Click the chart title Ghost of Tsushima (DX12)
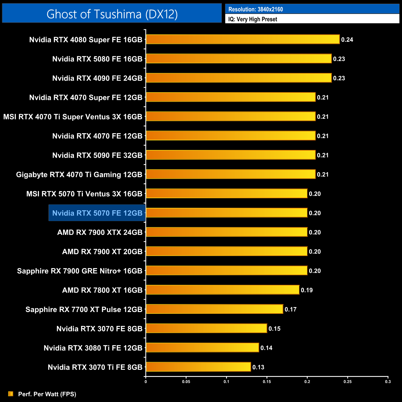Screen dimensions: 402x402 pyautogui.click(x=112, y=14)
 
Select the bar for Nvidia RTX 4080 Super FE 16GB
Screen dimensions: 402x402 pyautogui.click(x=243, y=39)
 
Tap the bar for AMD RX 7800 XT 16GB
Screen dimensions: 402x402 pyautogui.click(x=223, y=290)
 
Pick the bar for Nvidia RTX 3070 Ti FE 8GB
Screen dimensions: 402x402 pyautogui.click(x=198, y=367)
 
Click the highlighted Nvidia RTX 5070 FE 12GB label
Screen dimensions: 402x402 pyautogui.click(x=97, y=213)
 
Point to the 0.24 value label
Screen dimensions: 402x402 pyautogui.click(x=347, y=40)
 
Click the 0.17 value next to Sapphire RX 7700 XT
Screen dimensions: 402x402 pyautogui.click(x=290, y=309)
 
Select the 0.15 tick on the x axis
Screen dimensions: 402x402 pyautogui.click(x=267, y=382)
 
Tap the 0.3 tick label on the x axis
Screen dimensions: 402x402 pyautogui.click(x=388, y=382)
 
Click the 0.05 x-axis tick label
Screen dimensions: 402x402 pyautogui.click(x=186, y=382)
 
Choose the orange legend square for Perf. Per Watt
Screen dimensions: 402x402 pyautogui.click(x=11, y=394)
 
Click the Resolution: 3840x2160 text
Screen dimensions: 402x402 pyautogui.click(x=255, y=9)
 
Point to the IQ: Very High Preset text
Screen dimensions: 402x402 pyautogui.click(x=253, y=19)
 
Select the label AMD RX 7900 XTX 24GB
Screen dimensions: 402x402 pyautogui.click(x=100, y=232)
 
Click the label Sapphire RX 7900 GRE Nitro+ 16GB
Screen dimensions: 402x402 pyautogui.click(x=80, y=271)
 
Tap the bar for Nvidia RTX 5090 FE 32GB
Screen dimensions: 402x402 pyautogui.click(x=231, y=155)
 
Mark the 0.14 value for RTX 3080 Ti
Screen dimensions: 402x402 pyautogui.click(x=266, y=348)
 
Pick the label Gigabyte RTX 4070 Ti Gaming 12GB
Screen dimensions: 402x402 pyautogui.click(x=79, y=174)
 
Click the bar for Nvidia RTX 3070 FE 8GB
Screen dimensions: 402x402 pyautogui.click(x=206, y=328)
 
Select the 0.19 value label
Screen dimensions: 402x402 pyautogui.click(x=307, y=290)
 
